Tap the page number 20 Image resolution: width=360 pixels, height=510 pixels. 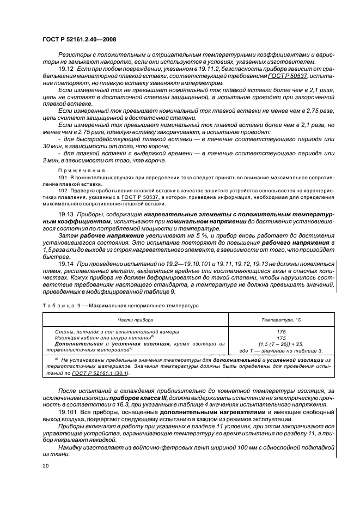(45, 466)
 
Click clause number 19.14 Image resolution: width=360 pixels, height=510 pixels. (65, 264)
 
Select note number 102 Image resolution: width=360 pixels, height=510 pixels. (62, 190)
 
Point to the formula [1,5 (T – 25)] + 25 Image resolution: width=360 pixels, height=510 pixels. (278, 343)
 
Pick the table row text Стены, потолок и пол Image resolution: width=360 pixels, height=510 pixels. (84, 331)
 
